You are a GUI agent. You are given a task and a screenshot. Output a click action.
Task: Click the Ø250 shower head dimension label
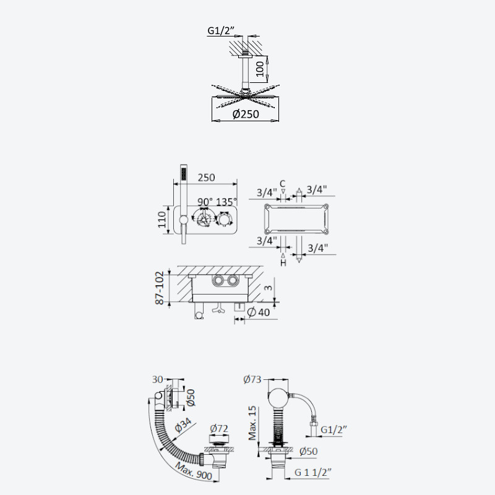[246, 114]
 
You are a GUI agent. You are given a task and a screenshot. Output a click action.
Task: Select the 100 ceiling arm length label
[259, 69]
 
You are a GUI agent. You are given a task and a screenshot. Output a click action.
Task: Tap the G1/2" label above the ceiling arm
[221, 30]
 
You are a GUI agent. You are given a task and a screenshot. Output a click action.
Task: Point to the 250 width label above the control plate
[206, 178]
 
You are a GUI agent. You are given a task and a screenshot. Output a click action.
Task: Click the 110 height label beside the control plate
[161, 220]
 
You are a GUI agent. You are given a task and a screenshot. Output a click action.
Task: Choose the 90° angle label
[205, 202]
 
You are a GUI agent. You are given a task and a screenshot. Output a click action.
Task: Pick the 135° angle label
[226, 202]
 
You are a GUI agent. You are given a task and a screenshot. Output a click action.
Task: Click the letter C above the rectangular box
[283, 183]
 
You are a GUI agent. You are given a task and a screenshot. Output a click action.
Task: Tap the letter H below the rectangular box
[283, 262]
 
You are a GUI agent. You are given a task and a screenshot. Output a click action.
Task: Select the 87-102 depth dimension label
[160, 288]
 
